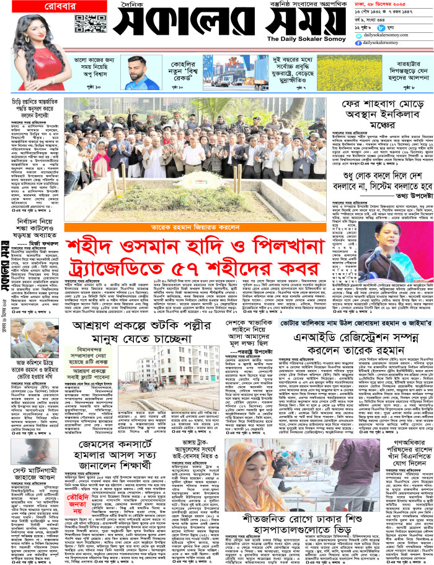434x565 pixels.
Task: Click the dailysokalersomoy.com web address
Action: [383, 35]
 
